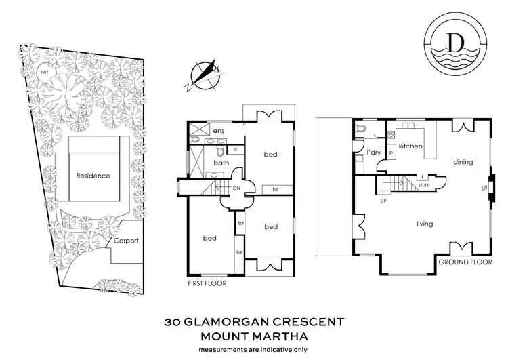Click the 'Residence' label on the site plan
coord(93,176)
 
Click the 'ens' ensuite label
coord(218,131)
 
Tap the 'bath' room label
coord(221,163)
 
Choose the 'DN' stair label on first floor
coord(236,189)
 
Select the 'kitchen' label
coord(410,146)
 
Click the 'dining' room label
coord(463,162)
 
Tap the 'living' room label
coord(425,224)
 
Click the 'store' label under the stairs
coord(425,182)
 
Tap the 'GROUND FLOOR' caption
coord(462,261)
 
